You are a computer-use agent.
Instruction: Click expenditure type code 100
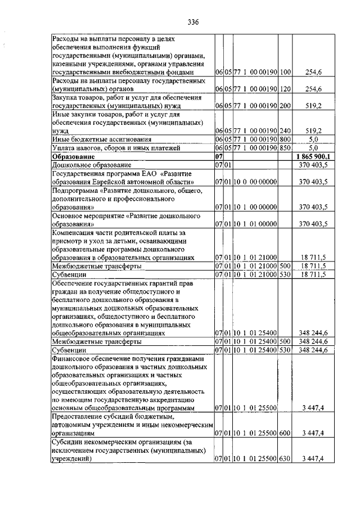click(285, 73)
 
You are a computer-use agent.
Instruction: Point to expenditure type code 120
click(285, 89)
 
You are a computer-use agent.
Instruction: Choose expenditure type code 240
click(285, 130)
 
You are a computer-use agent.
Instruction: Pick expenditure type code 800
click(285, 139)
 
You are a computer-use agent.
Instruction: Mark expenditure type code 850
click(285, 147)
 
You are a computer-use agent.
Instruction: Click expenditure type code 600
click(285, 434)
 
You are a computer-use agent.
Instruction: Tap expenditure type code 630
click(285, 459)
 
